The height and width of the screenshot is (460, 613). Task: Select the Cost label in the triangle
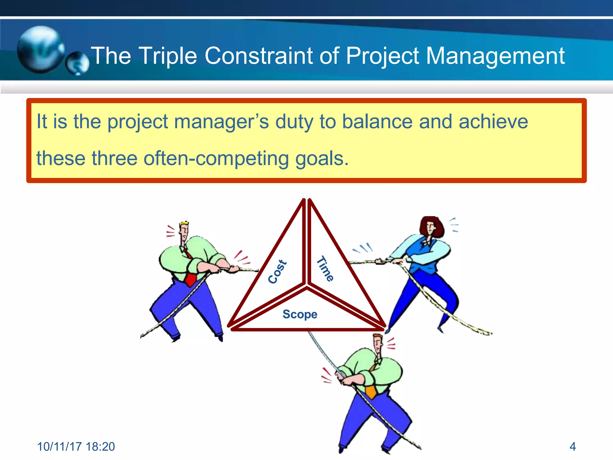point(277,272)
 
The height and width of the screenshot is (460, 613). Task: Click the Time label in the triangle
point(325,269)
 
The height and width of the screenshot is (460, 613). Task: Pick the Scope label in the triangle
point(300,314)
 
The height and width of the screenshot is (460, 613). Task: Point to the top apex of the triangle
point(307,200)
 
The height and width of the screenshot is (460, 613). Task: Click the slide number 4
point(573,447)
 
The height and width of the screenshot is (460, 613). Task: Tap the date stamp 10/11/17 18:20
point(76,447)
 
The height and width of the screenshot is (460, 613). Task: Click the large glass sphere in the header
point(40,49)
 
